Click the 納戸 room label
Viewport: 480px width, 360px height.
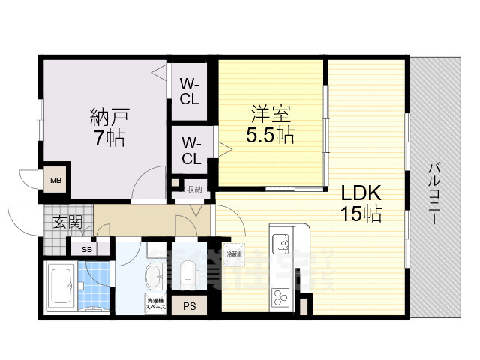click(109, 117)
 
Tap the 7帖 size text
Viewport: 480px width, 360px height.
click(109, 138)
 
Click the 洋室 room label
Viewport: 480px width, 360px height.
click(271, 115)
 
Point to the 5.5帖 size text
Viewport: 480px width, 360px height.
click(271, 136)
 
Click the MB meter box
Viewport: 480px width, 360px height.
click(56, 180)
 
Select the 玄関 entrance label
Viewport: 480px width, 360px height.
click(67, 222)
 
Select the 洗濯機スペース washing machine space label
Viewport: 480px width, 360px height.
click(154, 304)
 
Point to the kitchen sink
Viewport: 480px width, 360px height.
click(281, 243)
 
